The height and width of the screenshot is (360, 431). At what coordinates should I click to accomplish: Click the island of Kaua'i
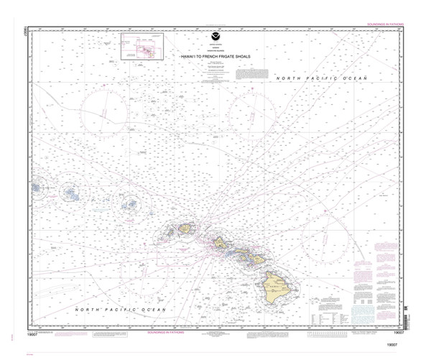[x=185, y=228]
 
